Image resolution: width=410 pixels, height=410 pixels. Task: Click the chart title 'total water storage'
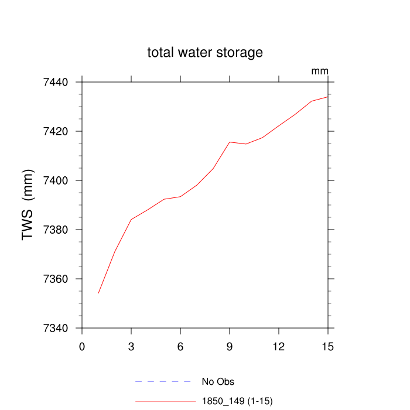pyautogui.click(x=205, y=53)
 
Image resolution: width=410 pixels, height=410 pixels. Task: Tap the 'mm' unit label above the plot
pyautogui.click(x=320, y=71)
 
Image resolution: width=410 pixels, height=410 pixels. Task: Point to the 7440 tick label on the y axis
pyautogui.click(x=56, y=82)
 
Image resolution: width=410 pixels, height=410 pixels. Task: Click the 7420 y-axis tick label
pyautogui.click(x=56, y=131)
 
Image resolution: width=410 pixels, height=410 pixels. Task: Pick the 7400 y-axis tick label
pyautogui.click(x=56, y=180)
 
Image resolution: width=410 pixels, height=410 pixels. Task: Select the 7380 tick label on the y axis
pyautogui.click(x=56, y=230)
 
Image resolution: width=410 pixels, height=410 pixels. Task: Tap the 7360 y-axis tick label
pyautogui.click(x=56, y=279)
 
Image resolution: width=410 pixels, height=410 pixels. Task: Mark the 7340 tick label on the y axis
pyautogui.click(x=56, y=328)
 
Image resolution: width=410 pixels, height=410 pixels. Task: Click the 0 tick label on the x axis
pyautogui.click(x=82, y=346)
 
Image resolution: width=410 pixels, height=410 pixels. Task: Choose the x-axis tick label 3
pyautogui.click(x=131, y=346)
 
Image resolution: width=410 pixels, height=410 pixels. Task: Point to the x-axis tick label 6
pyautogui.click(x=180, y=346)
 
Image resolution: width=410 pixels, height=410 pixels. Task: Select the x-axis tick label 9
pyautogui.click(x=230, y=346)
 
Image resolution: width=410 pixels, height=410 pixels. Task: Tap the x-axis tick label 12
pyautogui.click(x=279, y=346)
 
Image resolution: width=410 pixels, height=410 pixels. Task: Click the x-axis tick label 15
pyautogui.click(x=328, y=346)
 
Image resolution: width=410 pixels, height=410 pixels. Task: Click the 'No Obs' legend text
pyautogui.click(x=218, y=382)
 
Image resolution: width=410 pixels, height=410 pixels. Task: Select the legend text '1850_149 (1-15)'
pyautogui.click(x=237, y=401)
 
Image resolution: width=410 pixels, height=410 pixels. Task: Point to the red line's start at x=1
pyautogui.click(x=98, y=293)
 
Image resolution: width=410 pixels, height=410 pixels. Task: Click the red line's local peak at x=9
pyautogui.click(x=230, y=142)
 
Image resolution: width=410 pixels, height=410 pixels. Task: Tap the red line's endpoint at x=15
pyautogui.click(x=328, y=97)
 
